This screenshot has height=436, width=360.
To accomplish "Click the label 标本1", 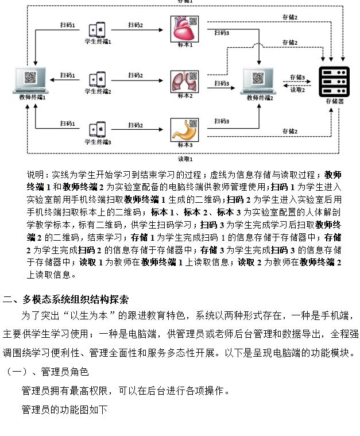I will pos(184,45).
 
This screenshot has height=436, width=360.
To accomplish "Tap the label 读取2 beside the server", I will pos(297,90).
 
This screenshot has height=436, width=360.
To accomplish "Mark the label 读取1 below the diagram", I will pos(185,159).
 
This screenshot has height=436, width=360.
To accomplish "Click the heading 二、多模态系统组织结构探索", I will pos(65,299).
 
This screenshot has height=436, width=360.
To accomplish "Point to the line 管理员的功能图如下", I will pos(64,410).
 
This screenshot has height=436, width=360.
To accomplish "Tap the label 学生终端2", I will pos(98,92).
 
